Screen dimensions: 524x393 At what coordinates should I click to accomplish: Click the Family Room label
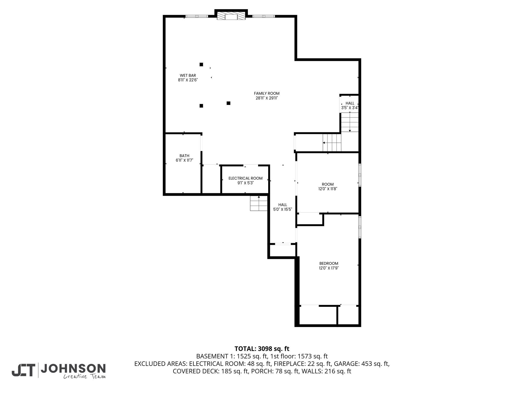pyautogui.click(x=267, y=93)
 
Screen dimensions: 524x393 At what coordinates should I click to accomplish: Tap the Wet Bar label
pyautogui.click(x=188, y=75)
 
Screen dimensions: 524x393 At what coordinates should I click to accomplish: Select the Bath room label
pyautogui.click(x=184, y=156)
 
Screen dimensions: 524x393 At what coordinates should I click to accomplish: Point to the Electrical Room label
pyautogui.click(x=245, y=178)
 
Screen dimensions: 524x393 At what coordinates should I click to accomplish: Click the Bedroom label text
pyautogui.click(x=329, y=264)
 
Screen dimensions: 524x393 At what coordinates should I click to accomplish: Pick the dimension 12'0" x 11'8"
pyautogui.click(x=328, y=189)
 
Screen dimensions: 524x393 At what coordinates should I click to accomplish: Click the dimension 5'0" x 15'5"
pyautogui.click(x=283, y=210)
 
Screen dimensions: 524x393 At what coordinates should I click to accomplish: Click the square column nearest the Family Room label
pyautogui.click(x=228, y=103)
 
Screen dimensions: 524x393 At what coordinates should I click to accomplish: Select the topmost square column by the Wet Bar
pyautogui.click(x=201, y=64)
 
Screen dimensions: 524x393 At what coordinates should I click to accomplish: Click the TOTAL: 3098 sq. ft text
pyautogui.click(x=262, y=349)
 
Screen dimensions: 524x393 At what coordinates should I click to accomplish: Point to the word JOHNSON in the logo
pyautogui.click(x=73, y=368)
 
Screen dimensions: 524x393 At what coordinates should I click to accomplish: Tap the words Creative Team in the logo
pyautogui.click(x=84, y=376)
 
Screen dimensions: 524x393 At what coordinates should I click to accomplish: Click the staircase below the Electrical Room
pyautogui.click(x=259, y=203)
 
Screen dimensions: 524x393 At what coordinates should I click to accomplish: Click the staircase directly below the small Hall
pyautogui.click(x=350, y=122)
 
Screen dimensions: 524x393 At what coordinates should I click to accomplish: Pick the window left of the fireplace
pyautogui.click(x=197, y=16)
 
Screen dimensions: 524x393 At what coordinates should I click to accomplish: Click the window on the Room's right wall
pyautogui.click(x=360, y=175)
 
